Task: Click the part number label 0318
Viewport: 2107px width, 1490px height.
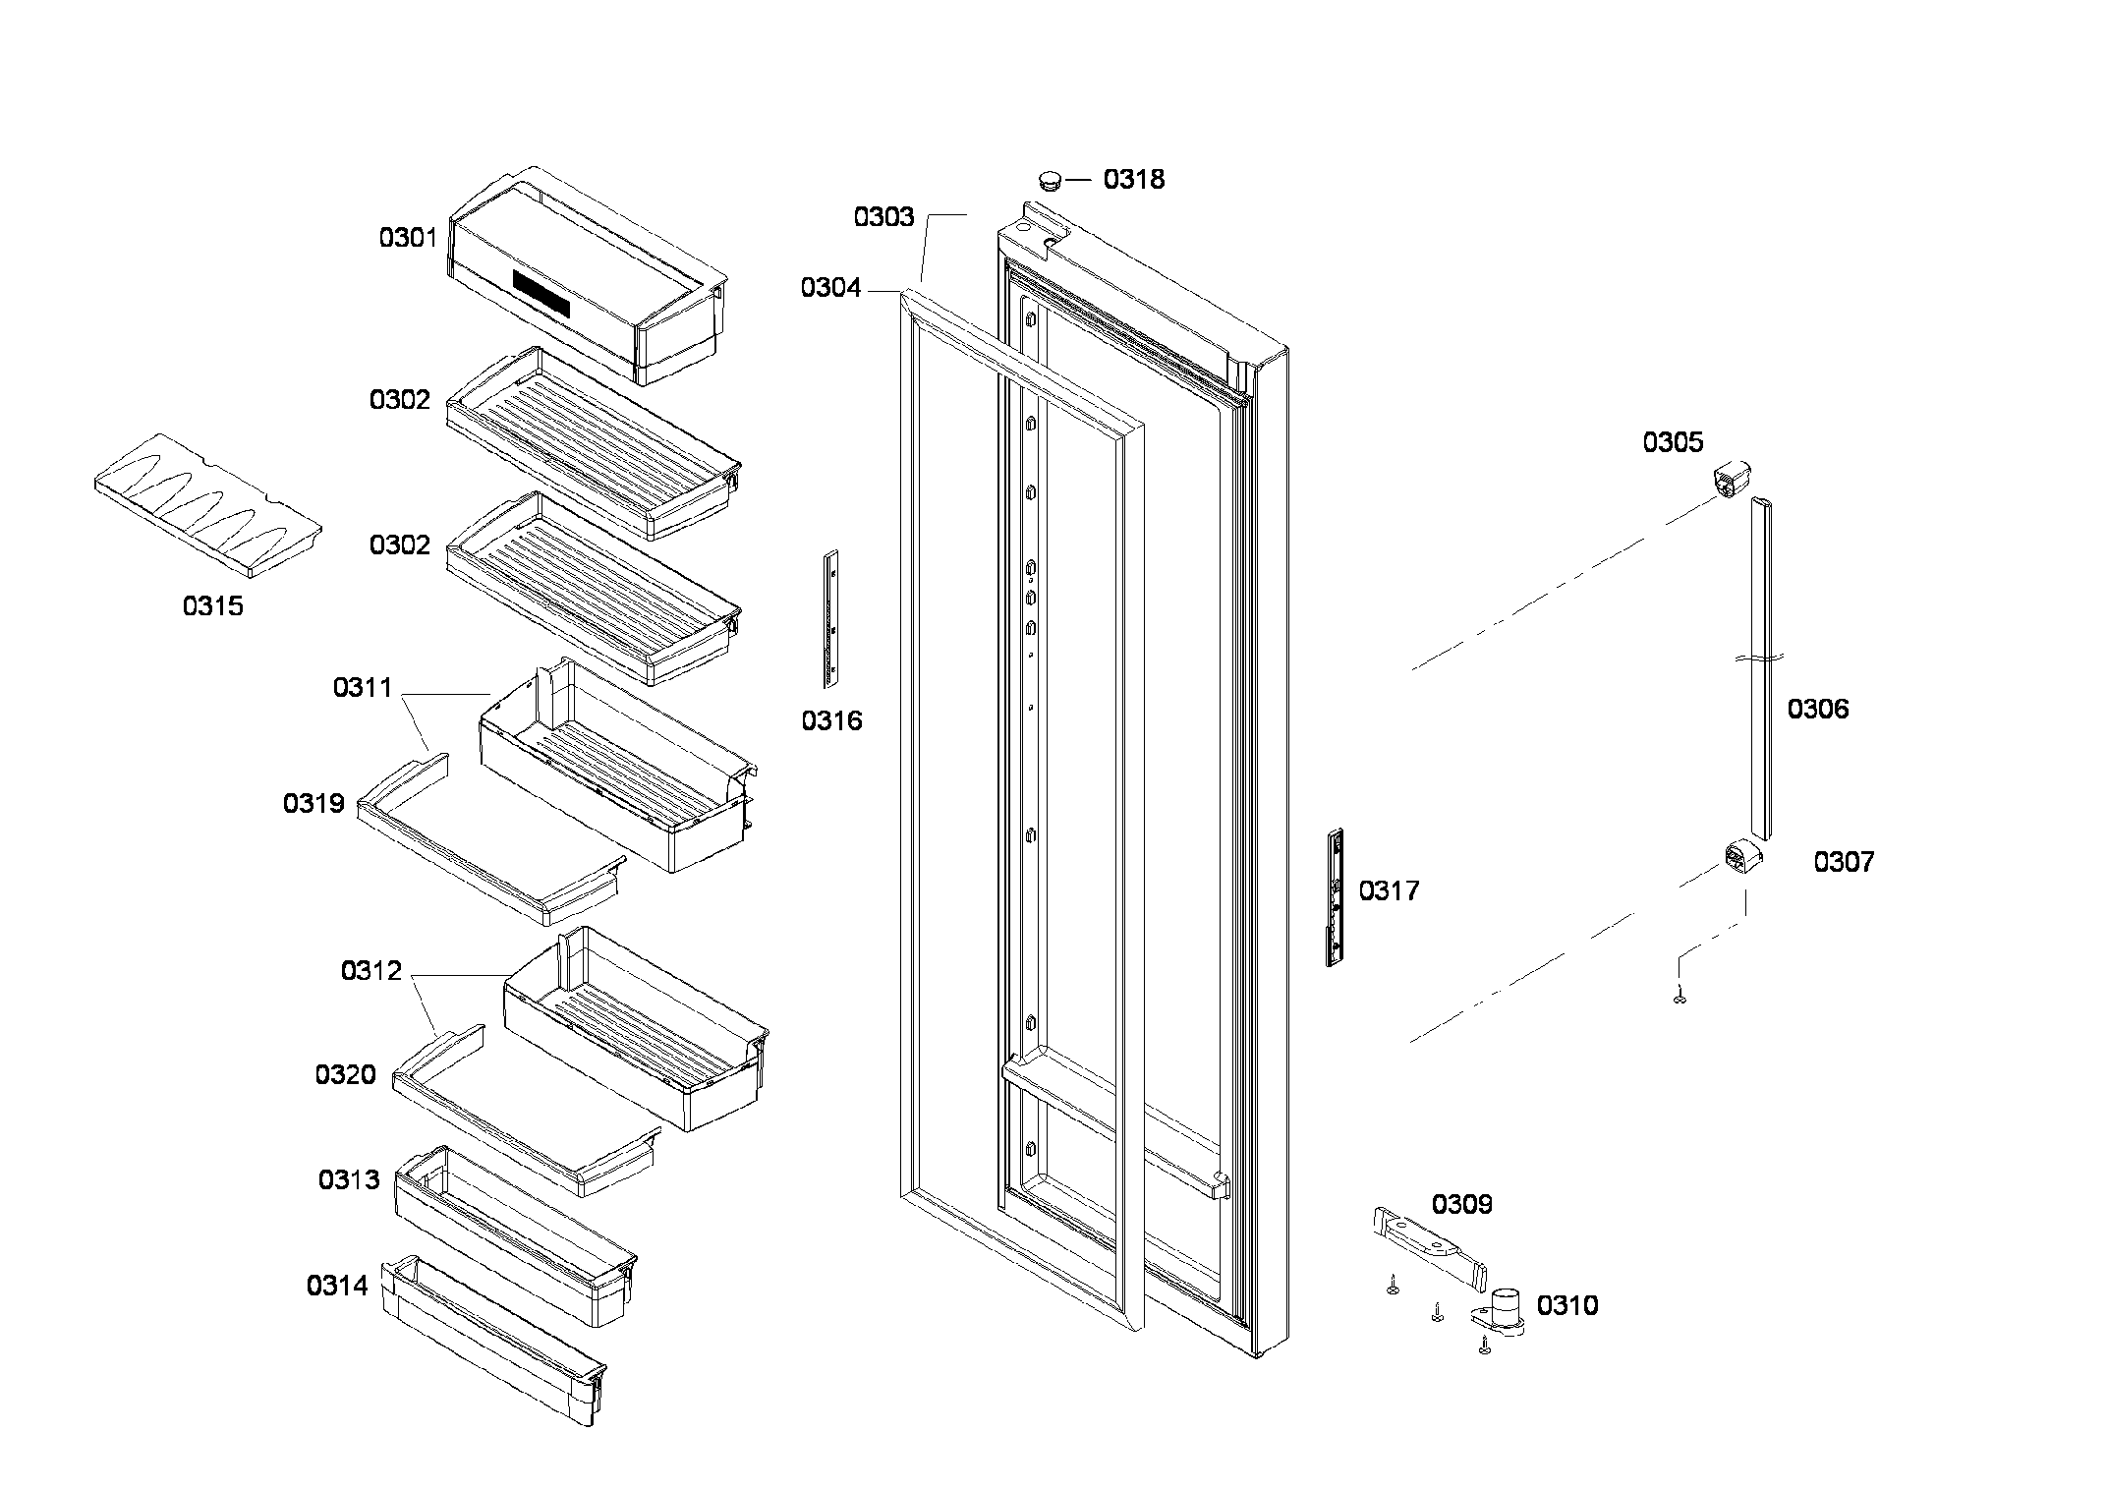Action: (x=1133, y=179)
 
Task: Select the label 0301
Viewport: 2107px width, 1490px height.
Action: (x=408, y=237)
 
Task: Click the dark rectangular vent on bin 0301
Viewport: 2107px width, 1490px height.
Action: (x=541, y=293)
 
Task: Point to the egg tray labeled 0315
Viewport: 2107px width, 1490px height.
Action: (x=208, y=504)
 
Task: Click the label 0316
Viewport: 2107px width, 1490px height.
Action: (x=831, y=721)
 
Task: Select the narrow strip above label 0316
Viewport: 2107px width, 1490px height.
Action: (x=830, y=618)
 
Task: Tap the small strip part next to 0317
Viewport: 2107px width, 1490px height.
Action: (x=1335, y=897)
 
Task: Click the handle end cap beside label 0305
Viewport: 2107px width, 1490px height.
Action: (x=1734, y=481)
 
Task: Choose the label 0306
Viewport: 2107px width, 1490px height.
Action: (x=1817, y=709)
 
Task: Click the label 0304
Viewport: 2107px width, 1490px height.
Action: (x=830, y=288)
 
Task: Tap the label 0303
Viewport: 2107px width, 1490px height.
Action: (x=883, y=217)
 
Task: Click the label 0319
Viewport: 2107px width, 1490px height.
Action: (x=313, y=804)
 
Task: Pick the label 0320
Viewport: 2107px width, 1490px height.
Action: (x=345, y=1075)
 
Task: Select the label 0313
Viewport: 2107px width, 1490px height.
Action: (x=348, y=1179)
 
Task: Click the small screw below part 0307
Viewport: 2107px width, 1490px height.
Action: (x=1680, y=999)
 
